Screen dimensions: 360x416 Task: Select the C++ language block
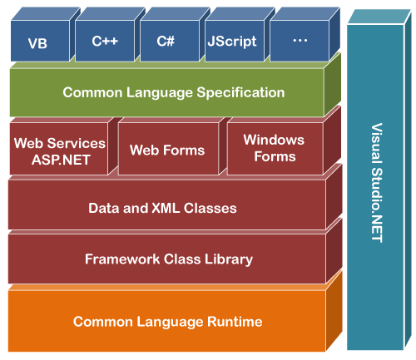103,41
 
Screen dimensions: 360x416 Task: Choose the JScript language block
232,41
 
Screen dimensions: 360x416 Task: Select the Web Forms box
167,150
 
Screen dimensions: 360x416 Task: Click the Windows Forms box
274,148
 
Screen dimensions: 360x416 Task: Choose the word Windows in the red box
274,140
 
